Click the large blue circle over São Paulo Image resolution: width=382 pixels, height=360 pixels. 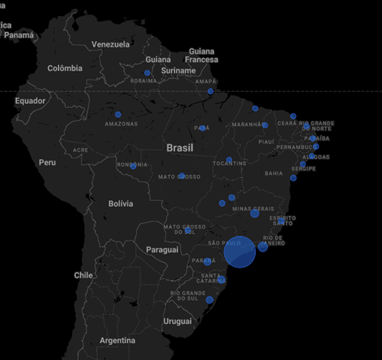pos(239,253)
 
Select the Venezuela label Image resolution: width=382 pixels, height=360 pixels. pos(111,44)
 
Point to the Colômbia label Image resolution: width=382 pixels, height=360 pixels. pos(64,68)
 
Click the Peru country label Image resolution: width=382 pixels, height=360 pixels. pos(48,162)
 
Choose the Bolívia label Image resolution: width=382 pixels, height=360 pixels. pos(121,203)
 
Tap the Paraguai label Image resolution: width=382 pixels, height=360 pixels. pos(162,249)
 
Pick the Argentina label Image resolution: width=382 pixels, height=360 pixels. pos(117,340)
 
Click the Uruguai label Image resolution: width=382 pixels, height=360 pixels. pos(177,321)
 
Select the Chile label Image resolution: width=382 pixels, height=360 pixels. pos(83,274)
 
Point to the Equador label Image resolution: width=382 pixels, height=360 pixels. pos(31,101)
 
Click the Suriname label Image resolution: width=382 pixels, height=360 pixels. pos(179,71)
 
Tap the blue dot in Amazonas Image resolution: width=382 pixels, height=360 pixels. pos(118,115)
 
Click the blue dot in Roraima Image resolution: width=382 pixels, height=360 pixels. pos(147,73)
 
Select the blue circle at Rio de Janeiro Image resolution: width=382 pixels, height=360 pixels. pos(263,246)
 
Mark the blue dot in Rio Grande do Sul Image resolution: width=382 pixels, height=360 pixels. pos(209,300)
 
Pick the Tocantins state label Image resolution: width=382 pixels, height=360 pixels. pos(230,164)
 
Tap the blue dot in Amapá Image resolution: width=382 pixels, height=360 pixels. pos(210,92)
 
